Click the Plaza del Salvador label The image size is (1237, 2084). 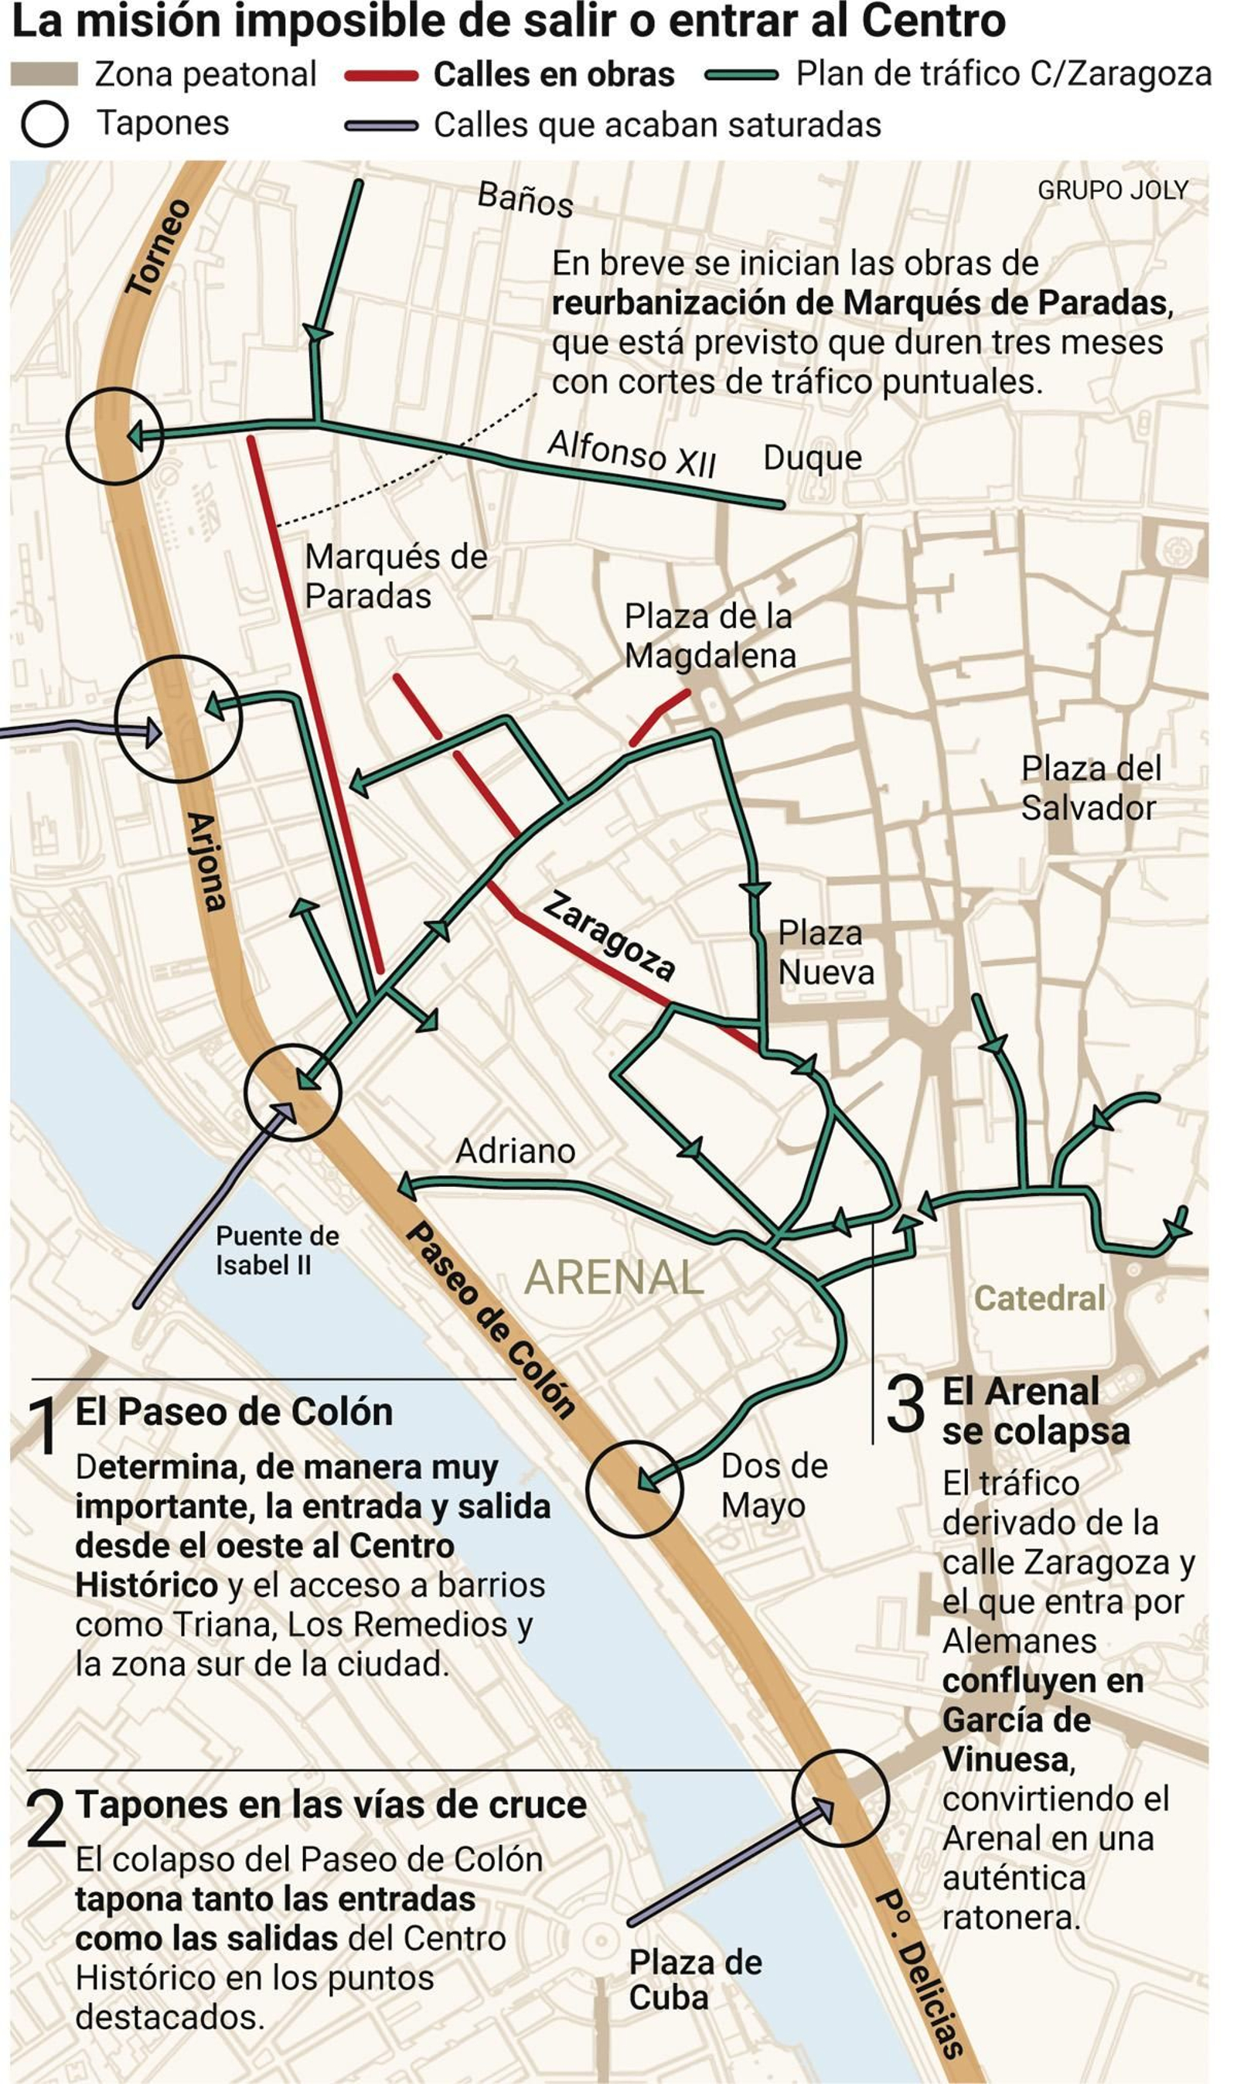pos(1089,788)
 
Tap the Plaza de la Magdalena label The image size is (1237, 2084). pos(710,636)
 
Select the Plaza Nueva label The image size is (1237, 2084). pos(825,953)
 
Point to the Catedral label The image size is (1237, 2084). pos(1038,1297)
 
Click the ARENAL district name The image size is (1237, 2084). pos(615,1277)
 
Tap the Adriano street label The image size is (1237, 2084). pos(515,1151)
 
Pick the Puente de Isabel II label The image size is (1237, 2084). pos(277,1250)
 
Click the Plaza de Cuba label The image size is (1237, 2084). pos(694,1980)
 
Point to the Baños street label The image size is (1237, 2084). pos(525,200)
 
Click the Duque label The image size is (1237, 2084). pos(812,458)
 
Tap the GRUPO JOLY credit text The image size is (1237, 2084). pos(1112,191)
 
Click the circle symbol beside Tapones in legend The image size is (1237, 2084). pos(44,125)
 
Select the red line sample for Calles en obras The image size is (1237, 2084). pos(381,77)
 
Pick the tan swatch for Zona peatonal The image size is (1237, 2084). pos(44,75)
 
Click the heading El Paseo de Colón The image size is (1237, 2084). pos(234,1412)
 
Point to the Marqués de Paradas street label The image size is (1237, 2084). pos(395,576)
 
